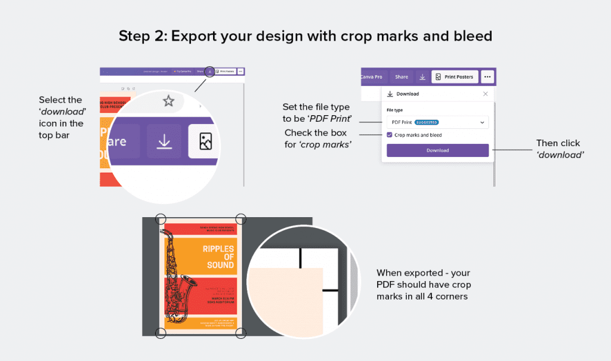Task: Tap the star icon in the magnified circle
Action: click(169, 101)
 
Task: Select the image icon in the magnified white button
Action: click(205, 141)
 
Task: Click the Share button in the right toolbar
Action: click(402, 77)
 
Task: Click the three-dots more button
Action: click(487, 77)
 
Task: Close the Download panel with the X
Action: click(485, 94)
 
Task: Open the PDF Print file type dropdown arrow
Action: click(482, 122)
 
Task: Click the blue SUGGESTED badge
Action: click(426, 122)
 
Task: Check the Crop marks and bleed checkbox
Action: click(390, 135)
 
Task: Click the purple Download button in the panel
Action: click(437, 150)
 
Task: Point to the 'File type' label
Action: click(394, 110)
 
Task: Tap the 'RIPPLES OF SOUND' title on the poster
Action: click(218, 257)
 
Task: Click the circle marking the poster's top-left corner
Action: click(161, 218)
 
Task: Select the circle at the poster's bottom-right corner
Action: click(241, 333)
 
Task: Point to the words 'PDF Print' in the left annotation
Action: click(332, 119)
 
